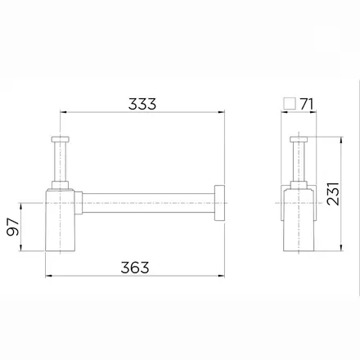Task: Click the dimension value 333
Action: [142, 104]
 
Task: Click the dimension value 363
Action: [135, 268]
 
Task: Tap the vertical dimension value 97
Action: [13, 227]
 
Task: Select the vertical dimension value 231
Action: [333, 194]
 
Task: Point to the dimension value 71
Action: [307, 104]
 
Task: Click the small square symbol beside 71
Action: [290, 104]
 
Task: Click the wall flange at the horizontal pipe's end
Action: [219, 203]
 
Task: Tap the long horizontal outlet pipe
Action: [148, 203]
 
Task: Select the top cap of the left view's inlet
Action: [60, 139]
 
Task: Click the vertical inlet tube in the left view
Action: [60, 162]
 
